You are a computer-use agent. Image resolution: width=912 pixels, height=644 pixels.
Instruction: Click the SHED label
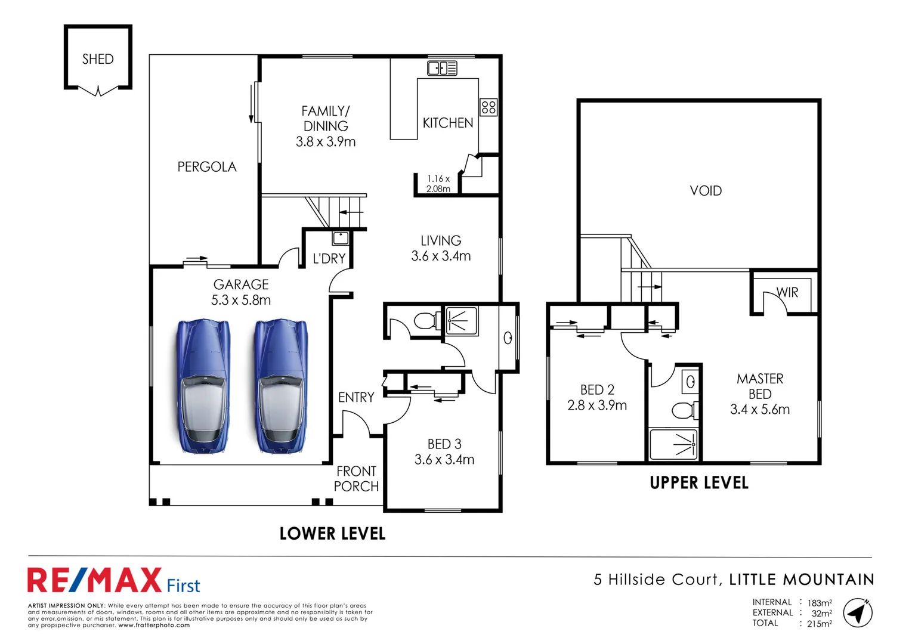click(x=98, y=59)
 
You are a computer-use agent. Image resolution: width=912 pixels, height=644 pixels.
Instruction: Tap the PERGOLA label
click(x=207, y=167)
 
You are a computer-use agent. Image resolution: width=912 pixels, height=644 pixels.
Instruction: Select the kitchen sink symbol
click(x=442, y=69)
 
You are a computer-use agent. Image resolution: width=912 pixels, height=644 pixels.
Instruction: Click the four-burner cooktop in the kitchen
click(x=489, y=107)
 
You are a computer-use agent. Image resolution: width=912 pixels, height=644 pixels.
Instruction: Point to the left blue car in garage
click(x=203, y=388)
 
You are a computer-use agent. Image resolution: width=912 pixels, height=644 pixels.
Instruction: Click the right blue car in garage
click(x=281, y=388)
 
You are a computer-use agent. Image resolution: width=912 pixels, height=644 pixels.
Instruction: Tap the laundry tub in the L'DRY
click(x=341, y=239)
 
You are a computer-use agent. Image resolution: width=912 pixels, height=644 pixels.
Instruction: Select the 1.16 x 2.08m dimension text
click(x=438, y=184)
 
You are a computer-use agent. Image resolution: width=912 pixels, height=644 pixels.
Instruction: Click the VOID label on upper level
click(x=706, y=191)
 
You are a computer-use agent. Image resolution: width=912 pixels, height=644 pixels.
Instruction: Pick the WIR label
click(x=787, y=293)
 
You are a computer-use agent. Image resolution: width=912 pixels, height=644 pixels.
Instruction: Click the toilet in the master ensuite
click(x=685, y=410)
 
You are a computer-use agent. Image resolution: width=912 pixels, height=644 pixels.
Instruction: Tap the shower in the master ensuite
click(x=674, y=444)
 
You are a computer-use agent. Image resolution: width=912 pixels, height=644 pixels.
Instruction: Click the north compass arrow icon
click(x=858, y=613)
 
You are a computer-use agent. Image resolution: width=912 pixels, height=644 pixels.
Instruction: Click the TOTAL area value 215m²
click(x=820, y=624)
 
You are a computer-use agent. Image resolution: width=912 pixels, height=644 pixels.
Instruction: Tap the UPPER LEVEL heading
click(x=698, y=483)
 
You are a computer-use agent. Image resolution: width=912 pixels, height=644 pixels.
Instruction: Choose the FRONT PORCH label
click(x=356, y=479)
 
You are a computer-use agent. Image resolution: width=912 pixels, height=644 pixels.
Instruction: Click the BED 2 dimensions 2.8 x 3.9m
click(x=597, y=405)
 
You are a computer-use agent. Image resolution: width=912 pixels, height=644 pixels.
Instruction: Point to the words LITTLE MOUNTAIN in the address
click(x=801, y=580)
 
